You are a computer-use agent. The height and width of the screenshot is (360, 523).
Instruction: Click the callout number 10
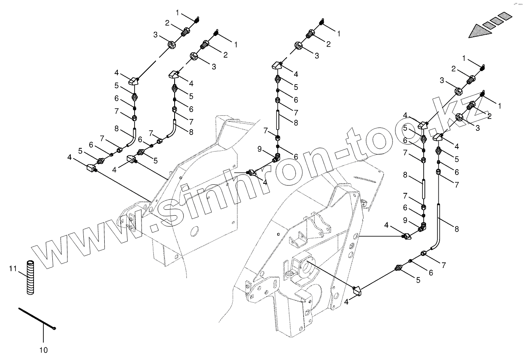pos(43,350)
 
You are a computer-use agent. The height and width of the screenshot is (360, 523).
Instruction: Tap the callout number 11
pos(13,268)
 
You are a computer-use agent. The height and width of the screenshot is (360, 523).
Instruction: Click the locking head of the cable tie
pos(54,328)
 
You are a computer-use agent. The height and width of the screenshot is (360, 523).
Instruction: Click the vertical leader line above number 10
pos(43,333)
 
